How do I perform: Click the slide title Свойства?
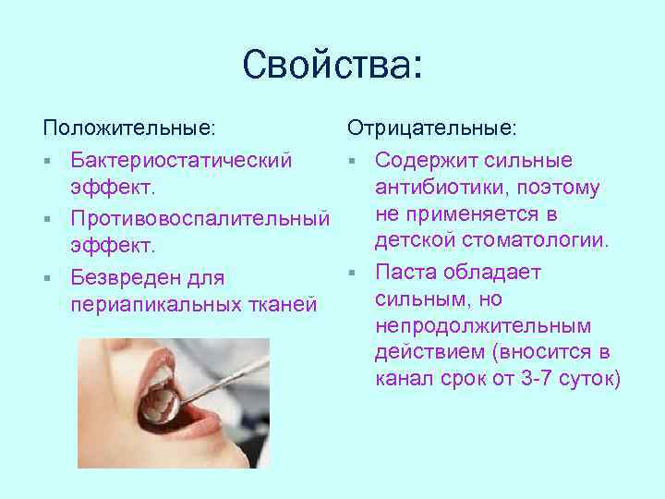[332, 66]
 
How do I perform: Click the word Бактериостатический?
[181, 160]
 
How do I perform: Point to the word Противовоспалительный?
[199, 219]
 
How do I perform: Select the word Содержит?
[424, 160]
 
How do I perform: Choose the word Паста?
[405, 273]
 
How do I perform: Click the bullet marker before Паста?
[351, 273]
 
